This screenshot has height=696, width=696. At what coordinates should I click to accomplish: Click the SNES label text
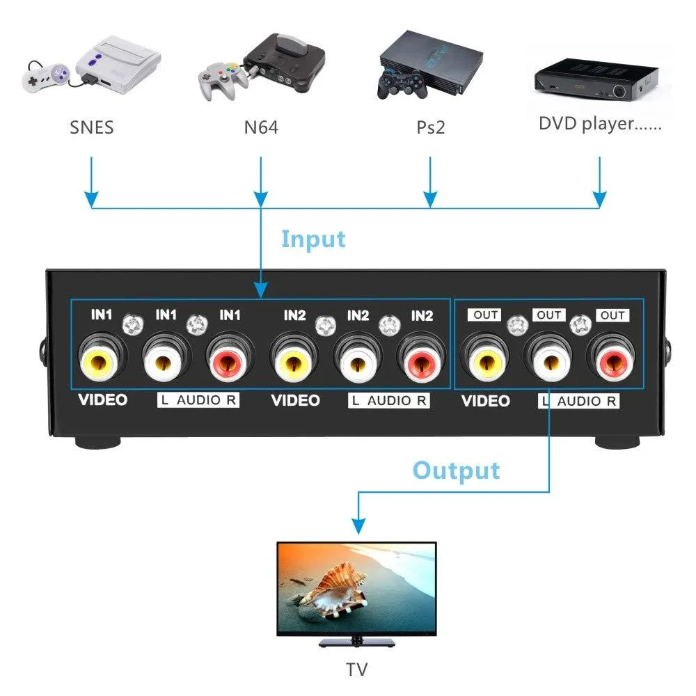(91, 127)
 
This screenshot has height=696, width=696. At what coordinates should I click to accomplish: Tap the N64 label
(261, 127)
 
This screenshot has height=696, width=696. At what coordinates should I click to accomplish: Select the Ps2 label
(430, 127)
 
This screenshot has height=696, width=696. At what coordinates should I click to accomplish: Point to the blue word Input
(313, 239)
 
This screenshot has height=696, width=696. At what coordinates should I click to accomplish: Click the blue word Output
(456, 471)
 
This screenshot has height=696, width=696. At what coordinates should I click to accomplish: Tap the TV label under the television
(357, 670)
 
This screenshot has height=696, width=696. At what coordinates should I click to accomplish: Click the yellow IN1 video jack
(99, 362)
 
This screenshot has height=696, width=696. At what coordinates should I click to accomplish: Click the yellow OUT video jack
(486, 363)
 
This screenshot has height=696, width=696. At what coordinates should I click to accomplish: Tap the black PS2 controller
(402, 84)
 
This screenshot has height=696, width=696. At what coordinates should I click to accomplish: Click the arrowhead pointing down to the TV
(358, 526)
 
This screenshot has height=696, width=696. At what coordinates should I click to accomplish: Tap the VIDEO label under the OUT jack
(486, 401)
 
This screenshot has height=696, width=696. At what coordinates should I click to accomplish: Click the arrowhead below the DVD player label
(600, 200)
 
